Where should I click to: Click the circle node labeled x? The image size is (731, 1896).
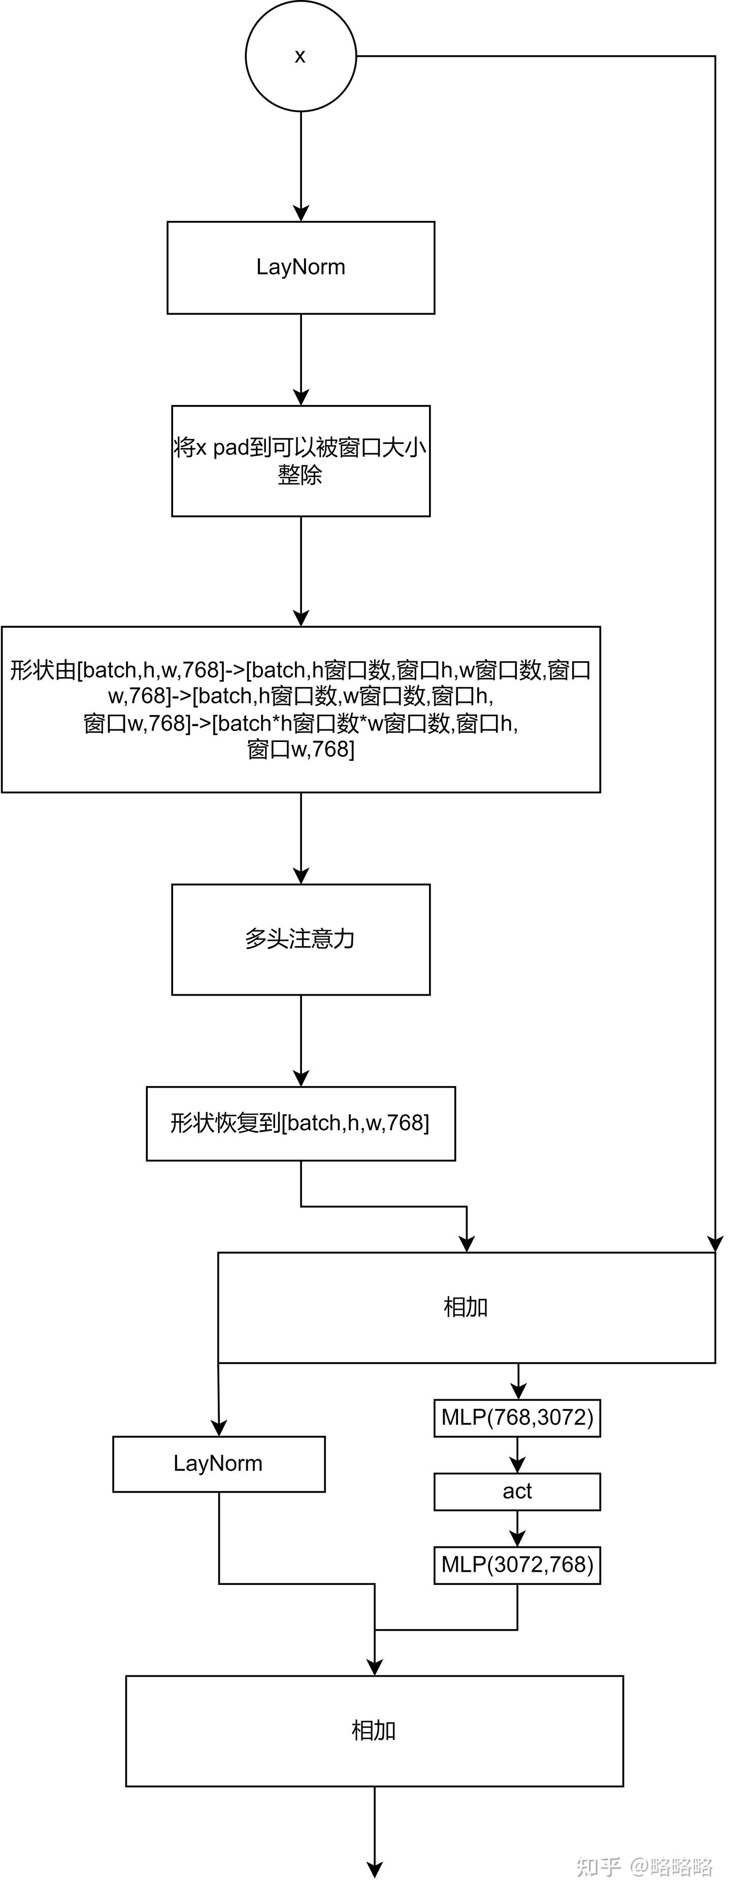click(x=301, y=56)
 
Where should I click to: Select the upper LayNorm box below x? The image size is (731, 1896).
click(x=301, y=267)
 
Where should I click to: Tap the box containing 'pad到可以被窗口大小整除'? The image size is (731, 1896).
click(x=301, y=461)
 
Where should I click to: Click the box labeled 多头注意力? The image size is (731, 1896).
click(x=301, y=939)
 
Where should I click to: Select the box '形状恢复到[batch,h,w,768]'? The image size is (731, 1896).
click(x=301, y=1123)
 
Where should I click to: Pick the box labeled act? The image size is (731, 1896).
click(x=517, y=1491)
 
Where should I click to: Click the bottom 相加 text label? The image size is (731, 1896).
click(x=374, y=1731)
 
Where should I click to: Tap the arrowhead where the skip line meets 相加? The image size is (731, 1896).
click(x=715, y=1243)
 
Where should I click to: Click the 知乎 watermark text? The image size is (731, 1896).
click(x=598, y=1867)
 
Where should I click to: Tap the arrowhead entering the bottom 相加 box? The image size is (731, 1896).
click(x=375, y=1667)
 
